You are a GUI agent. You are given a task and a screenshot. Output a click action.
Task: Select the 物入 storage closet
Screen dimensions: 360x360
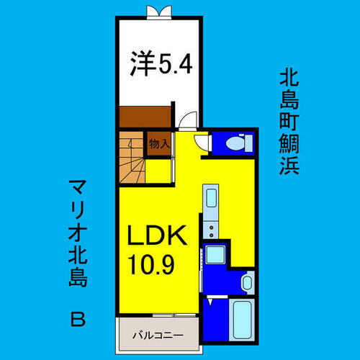click(x=159, y=144)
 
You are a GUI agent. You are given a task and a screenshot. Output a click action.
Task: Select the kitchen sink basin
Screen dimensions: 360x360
click(x=211, y=199)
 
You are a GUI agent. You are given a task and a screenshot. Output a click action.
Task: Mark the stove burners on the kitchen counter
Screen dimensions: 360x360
click(x=211, y=230)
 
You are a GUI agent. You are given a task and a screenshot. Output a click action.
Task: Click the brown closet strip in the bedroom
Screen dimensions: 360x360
click(x=145, y=115)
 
